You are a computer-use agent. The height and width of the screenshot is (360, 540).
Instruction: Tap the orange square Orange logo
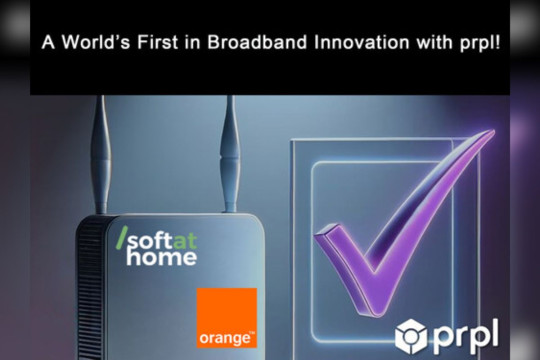click(226, 316)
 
